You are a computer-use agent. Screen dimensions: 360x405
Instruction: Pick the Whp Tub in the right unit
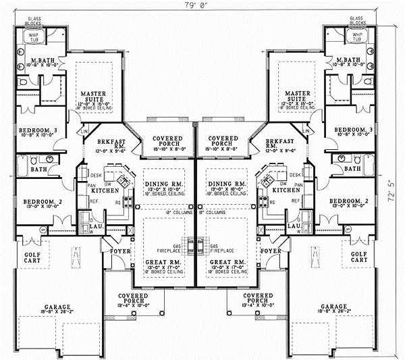(357, 36)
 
